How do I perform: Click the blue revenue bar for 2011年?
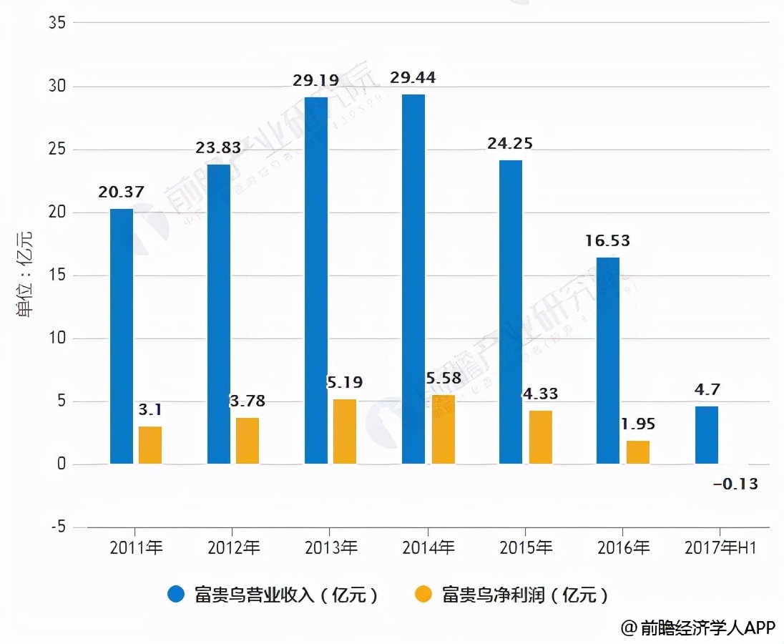click(x=122, y=336)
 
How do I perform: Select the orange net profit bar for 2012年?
click(x=248, y=441)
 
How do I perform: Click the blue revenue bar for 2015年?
click(x=511, y=312)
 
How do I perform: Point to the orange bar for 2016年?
click(x=638, y=452)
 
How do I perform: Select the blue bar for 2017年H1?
click(x=707, y=435)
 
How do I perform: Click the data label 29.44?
click(x=413, y=77)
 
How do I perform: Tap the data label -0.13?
click(x=735, y=484)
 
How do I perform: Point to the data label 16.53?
click(x=607, y=240)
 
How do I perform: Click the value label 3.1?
click(x=150, y=409)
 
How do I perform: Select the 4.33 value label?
click(x=540, y=394)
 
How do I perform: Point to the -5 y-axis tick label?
click(x=57, y=527)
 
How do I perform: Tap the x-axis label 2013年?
click(x=331, y=548)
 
